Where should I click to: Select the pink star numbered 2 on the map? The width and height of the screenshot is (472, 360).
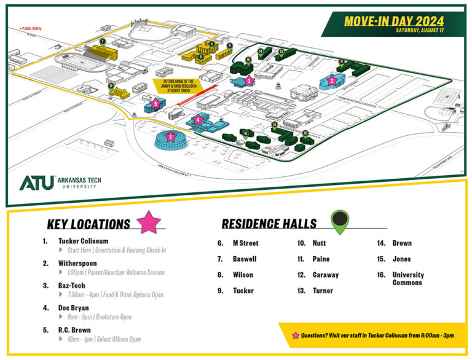332,80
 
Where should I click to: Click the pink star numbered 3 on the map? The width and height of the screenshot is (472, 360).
248,80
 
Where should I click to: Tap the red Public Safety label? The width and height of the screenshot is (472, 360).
31,28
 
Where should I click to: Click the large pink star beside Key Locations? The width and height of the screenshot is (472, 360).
151,221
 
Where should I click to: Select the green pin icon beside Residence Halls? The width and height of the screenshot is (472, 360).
340,222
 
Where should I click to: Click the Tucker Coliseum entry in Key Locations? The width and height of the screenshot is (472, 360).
83,241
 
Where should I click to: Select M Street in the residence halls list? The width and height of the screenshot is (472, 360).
245,243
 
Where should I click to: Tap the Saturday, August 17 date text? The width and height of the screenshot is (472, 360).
420,31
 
